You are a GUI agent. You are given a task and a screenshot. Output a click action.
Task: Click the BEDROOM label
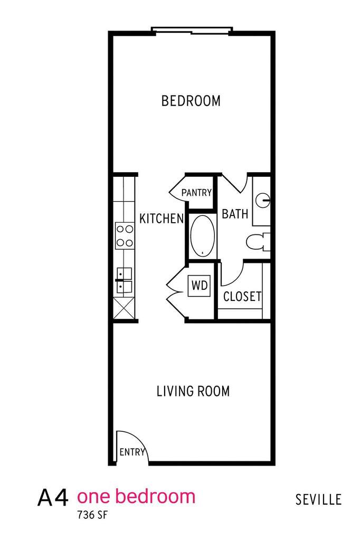pos(191,101)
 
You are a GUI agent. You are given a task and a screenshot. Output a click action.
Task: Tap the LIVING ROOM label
pos(193,391)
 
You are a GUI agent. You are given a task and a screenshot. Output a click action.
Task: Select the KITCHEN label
pos(162,219)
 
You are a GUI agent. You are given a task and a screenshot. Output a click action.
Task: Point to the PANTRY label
pos(196,193)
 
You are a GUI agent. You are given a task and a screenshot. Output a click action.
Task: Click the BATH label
pos(235,214)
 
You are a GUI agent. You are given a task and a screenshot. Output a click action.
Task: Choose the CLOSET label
pos(242,296)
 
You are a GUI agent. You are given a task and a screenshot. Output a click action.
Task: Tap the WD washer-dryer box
pos(200,286)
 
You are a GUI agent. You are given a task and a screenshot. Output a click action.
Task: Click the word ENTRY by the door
pos(132,452)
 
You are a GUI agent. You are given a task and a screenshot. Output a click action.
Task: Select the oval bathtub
pos(203,236)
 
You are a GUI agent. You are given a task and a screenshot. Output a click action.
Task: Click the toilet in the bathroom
pos(258,241)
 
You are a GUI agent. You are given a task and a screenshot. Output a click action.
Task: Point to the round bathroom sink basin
pos(263,200)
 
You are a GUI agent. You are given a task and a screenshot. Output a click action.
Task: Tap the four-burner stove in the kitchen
pos(125,235)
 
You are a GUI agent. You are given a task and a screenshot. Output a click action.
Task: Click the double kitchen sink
pos(124,280)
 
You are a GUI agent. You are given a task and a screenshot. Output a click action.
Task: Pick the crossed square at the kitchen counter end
pos(124,308)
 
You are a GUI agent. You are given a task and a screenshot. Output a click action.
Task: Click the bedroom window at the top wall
pos(192,31)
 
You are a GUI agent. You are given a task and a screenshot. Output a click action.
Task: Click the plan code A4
pos(53,498)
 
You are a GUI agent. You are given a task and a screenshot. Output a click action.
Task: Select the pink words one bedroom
pos(136,496)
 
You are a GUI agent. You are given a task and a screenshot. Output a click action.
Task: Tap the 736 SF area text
pos(92,515)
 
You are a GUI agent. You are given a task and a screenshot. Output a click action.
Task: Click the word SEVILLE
pos(318,499)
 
